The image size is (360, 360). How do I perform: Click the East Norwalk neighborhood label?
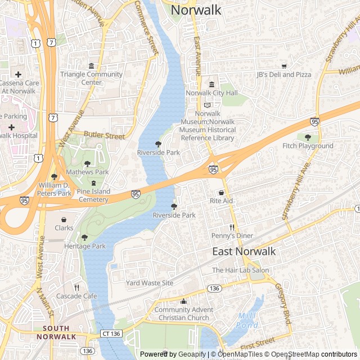[244, 251]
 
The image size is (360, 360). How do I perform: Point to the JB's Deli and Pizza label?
[283, 74]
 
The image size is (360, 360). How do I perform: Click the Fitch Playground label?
[308, 146]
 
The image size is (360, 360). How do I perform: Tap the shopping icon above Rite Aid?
[221, 192]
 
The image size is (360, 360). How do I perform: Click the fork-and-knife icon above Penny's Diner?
[232, 227]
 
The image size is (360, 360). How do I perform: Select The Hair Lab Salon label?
[240, 271]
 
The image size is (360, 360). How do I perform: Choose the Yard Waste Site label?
[150, 283]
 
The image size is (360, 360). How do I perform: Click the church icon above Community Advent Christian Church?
[183, 301]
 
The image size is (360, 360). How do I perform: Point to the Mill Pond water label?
[247, 321]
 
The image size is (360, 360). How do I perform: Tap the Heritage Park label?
[85, 246]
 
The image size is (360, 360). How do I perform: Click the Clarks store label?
[64, 228]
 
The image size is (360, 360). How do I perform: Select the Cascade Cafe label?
[76, 296]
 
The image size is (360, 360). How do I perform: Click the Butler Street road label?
[104, 136]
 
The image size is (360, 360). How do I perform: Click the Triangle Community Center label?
[91, 78]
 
